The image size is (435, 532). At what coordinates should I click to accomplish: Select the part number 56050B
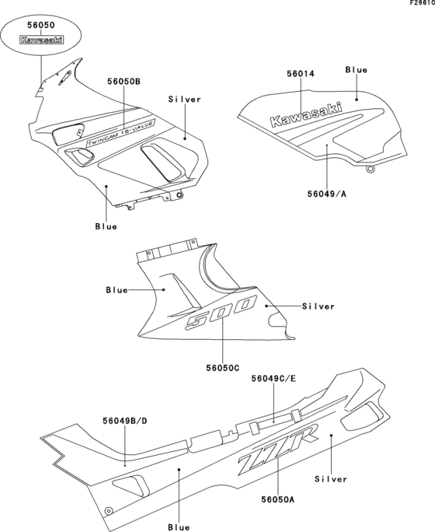click(124, 81)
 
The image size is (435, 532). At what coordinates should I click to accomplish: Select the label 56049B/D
click(125, 420)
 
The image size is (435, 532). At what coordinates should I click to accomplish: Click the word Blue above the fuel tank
click(357, 70)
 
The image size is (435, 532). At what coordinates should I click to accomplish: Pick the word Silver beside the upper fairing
click(184, 100)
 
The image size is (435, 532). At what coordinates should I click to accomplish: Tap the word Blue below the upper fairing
click(106, 226)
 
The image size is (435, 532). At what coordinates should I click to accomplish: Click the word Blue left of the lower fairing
click(117, 290)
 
